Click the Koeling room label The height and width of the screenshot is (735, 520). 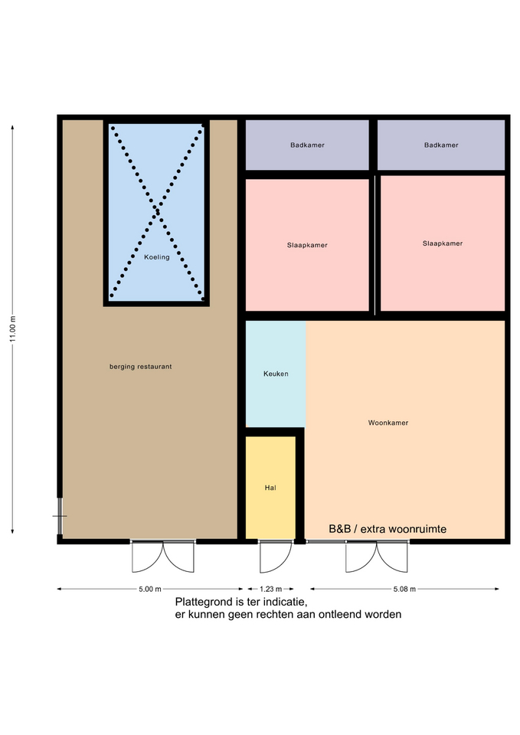tap(156, 257)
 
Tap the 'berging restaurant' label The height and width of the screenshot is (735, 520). tap(141, 367)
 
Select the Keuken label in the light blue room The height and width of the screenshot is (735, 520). tap(276, 374)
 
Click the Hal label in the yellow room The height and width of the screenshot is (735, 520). tap(270, 488)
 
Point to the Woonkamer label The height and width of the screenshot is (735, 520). tap(388, 423)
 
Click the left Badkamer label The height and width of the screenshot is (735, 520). tap(307, 145)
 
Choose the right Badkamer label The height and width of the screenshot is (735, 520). tap(441, 145)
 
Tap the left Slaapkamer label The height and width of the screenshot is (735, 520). tap(307, 245)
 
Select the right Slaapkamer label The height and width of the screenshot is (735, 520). tap(443, 243)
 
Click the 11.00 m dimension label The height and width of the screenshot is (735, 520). tap(13, 329)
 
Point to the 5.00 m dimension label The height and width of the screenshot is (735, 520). tap(150, 589)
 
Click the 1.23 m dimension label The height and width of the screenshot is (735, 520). tap(271, 589)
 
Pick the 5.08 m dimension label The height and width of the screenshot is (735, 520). tap(404, 589)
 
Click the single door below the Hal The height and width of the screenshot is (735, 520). tap(275, 557)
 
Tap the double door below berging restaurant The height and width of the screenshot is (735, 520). tap(162, 557)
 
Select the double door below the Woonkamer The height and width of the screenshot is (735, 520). tap(377, 557)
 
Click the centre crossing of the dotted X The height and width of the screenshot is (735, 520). tap(157, 211)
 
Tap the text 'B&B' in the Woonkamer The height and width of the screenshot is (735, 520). tap(339, 529)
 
